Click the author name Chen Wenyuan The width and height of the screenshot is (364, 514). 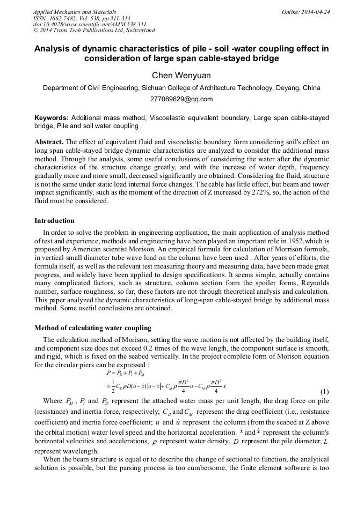coord(181,76)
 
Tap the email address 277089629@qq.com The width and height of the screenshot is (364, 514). coord(181,99)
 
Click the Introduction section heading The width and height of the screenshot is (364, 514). coord(54,221)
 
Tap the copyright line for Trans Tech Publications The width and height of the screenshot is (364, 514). coord(94,31)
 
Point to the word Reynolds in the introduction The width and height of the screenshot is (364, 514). coord(311,284)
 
